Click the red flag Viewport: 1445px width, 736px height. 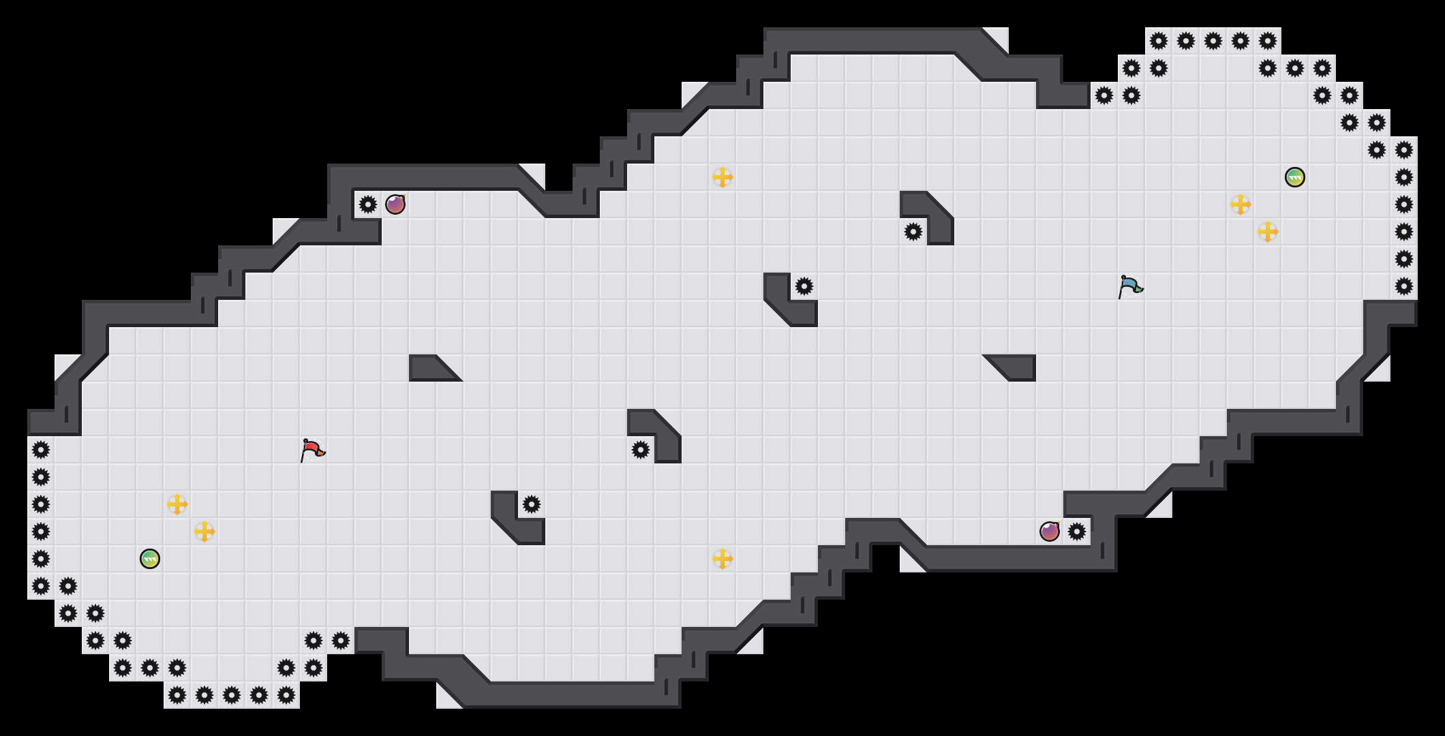[312, 450]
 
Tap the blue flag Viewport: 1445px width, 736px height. [1130, 286]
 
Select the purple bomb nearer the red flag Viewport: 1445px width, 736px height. [395, 204]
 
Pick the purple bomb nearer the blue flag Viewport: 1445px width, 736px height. [1050, 532]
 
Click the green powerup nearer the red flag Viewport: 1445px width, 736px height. [150, 559]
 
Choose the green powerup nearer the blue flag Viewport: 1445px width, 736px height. [1295, 177]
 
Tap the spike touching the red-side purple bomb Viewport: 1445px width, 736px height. [368, 204]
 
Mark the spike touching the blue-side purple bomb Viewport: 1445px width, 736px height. [1077, 532]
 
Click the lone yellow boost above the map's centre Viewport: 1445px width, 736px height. [722, 177]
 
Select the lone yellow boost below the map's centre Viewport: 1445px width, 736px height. [722, 559]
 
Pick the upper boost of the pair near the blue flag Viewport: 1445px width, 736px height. [1241, 204]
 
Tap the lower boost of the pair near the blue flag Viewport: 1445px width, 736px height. [1268, 232]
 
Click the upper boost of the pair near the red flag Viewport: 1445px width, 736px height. [177, 504]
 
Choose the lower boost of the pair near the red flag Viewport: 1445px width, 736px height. [204, 532]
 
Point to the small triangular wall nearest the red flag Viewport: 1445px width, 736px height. [429, 370]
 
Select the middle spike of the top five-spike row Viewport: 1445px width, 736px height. [1213, 41]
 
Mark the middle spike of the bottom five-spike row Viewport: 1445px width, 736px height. [232, 695]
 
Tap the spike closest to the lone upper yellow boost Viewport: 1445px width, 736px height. [804, 286]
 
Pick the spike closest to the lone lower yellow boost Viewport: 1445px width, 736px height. [641, 450]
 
